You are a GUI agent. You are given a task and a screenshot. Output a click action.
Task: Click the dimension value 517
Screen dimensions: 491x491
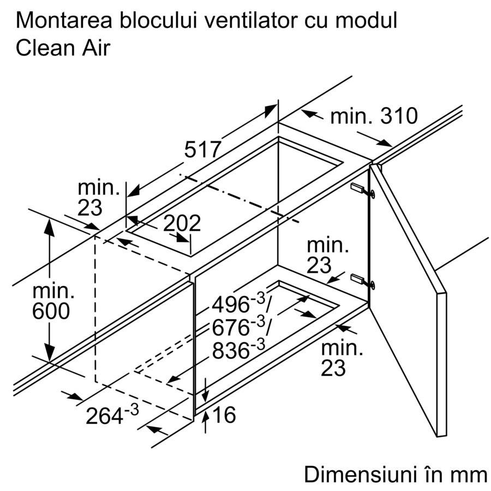tap(203, 149)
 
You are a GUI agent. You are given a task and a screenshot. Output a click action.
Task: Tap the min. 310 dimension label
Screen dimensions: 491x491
tap(374, 116)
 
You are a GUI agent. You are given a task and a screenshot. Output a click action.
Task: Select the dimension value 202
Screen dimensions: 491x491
tap(182, 223)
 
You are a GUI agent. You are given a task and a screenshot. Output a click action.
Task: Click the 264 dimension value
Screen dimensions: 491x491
tap(112, 415)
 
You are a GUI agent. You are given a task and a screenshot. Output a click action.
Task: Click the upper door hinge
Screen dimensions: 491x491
tap(363, 190)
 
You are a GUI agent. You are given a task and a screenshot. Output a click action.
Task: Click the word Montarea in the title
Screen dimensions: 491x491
tap(64, 21)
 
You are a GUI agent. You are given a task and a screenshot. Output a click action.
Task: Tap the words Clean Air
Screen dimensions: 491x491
tap(63, 48)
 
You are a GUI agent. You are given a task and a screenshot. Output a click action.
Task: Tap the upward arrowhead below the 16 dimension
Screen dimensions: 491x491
tap(205, 417)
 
